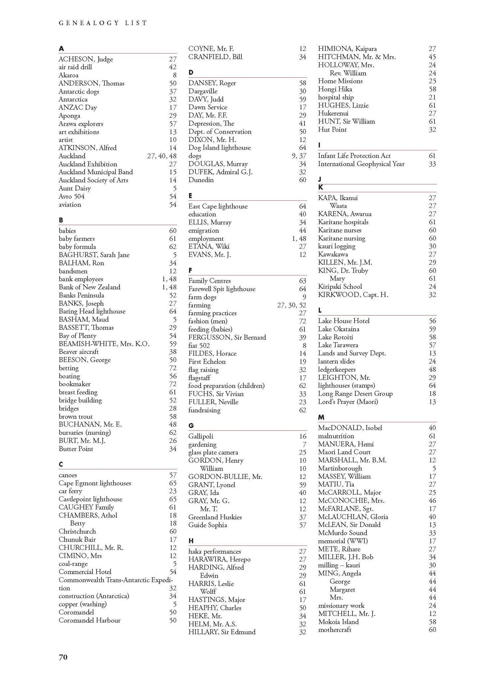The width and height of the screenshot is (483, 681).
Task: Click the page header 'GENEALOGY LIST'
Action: [x=102, y=23]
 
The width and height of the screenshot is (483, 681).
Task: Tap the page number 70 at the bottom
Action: [x=63, y=657]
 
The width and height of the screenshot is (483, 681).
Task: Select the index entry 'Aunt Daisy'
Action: [x=75, y=188]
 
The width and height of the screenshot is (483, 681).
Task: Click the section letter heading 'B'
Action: [x=61, y=220]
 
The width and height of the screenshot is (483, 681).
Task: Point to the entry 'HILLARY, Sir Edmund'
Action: [x=222, y=632]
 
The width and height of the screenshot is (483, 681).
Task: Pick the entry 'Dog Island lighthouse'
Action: [x=220, y=148]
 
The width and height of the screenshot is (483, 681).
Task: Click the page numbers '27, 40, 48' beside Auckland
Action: [x=162, y=156]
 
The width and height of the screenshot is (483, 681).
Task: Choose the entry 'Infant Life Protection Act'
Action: [x=354, y=156]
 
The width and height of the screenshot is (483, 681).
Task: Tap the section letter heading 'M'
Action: [x=321, y=417]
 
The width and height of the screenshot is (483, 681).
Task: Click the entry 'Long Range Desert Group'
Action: [x=355, y=394]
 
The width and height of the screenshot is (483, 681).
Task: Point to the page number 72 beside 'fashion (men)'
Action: [x=302, y=321]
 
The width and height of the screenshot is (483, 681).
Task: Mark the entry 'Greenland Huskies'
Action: [x=215, y=517]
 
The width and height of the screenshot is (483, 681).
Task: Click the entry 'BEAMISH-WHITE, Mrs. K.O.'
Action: [x=104, y=344]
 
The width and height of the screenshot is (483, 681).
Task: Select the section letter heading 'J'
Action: [x=320, y=180]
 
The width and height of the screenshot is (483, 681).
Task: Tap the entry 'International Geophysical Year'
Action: [x=361, y=164]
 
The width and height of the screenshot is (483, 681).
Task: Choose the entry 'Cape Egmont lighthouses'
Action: [x=95, y=483]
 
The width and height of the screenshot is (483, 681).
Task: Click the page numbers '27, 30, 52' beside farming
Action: [x=291, y=305]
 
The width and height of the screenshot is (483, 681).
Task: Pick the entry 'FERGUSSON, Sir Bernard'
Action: [x=227, y=337]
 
